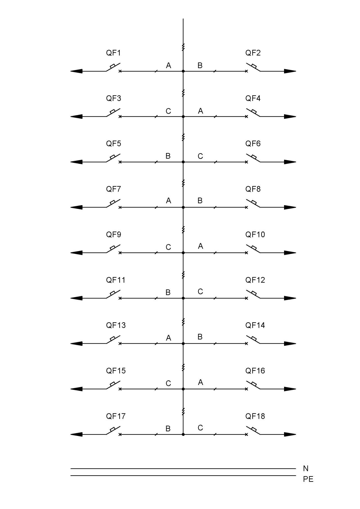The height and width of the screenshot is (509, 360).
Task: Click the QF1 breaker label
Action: click(x=113, y=53)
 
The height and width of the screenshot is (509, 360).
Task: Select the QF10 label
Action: click(x=255, y=235)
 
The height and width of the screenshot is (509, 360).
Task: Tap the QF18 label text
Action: click(x=255, y=416)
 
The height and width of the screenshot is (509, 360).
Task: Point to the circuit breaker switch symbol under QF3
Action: click(x=113, y=112)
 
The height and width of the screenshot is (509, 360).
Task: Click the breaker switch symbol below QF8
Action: click(x=253, y=203)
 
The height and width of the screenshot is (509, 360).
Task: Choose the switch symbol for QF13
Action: click(x=113, y=339)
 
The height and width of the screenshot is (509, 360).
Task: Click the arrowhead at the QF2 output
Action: click(x=290, y=71)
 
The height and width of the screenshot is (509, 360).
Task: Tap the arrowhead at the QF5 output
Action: click(x=76, y=162)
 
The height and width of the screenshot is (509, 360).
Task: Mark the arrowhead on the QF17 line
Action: click(x=76, y=434)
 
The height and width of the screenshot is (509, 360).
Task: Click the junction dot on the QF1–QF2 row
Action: click(x=183, y=71)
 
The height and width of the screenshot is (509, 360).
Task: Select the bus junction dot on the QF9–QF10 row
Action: click(x=183, y=253)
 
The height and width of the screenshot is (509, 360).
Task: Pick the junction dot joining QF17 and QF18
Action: click(x=183, y=434)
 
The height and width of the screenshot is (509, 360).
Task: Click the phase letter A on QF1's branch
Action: click(x=168, y=66)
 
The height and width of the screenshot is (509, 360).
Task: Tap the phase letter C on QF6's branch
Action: click(x=200, y=156)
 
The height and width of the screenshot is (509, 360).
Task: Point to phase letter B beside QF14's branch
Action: click(x=200, y=337)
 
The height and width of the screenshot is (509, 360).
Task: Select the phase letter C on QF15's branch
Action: click(x=168, y=383)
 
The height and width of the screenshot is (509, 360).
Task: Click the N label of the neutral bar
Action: click(x=306, y=469)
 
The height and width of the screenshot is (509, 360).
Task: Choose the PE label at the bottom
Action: click(x=308, y=479)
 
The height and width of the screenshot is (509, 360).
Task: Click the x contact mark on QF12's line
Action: click(x=246, y=298)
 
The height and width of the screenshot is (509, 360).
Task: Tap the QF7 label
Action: click(x=113, y=189)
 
